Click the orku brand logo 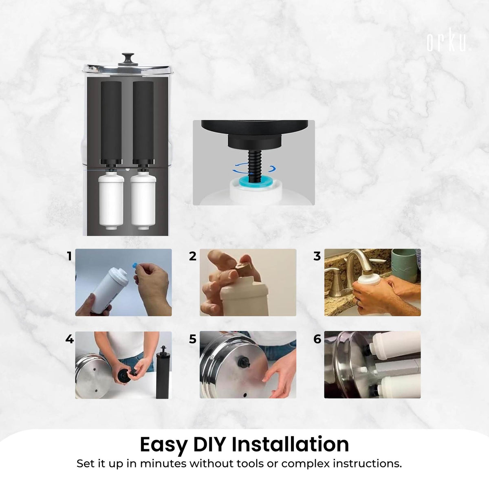point(449,43)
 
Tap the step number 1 point(70,256)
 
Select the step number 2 point(193,256)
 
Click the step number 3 point(317,256)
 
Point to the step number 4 point(70,339)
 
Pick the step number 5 point(193,339)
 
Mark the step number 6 point(317,339)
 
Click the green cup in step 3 point(406,265)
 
